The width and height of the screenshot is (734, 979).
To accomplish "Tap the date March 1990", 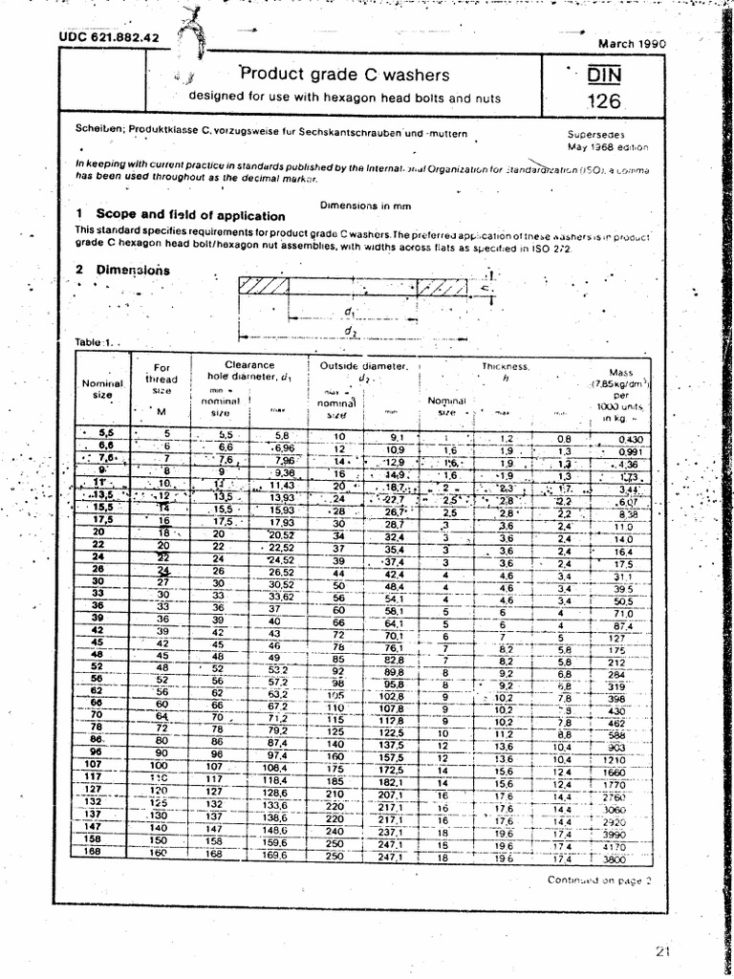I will (x=632, y=43).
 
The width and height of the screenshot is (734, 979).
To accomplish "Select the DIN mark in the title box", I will (x=603, y=75).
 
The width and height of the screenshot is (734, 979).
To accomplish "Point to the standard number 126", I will (x=603, y=101).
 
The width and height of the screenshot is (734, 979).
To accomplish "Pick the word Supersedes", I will (x=595, y=135).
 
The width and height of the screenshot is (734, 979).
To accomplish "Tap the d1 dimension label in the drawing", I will (x=349, y=312).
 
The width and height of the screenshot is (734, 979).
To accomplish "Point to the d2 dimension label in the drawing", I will (x=349, y=332).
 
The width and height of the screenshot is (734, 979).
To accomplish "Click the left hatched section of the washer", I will (x=264, y=286).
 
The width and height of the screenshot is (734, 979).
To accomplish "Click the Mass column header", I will (x=628, y=394).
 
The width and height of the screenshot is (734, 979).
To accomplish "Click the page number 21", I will (x=665, y=950).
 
